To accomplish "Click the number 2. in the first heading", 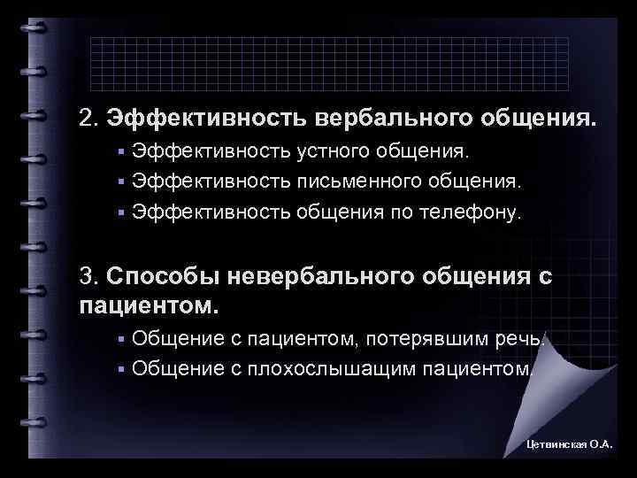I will coord(88,118).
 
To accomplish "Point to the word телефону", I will coord(482,212).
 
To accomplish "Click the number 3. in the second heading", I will coord(88,276).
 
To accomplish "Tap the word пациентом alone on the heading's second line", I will coord(146,306).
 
